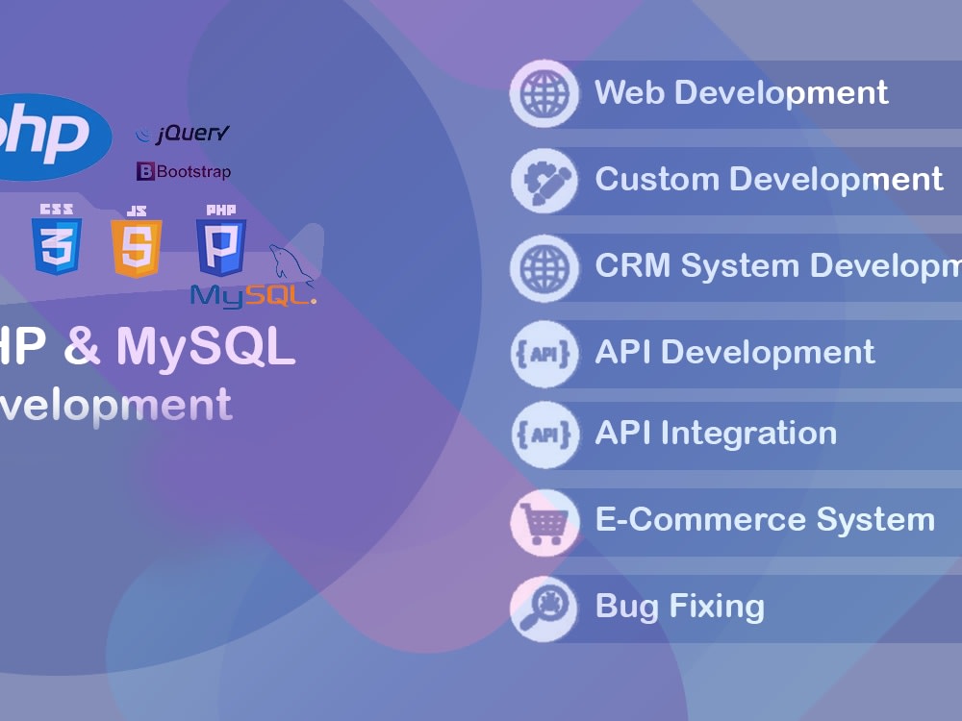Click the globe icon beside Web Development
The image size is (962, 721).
pyautogui.click(x=544, y=94)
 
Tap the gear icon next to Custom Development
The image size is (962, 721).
pyautogui.click(x=544, y=180)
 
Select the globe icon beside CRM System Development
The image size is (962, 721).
pyautogui.click(x=544, y=266)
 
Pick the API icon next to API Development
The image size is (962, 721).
pyautogui.click(x=544, y=353)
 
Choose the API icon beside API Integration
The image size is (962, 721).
pyautogui.click(x=544, y=435)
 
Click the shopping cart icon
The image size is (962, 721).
pyautogui.click(x=544, y=522)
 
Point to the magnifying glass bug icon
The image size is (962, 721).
pyautogui.click(x=544, y=608)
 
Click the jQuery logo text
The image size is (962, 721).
pyautogui.click(x=184, y=134)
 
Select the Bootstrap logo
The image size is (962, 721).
pyautogui.click(x=184, y=172)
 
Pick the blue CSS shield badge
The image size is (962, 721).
pyautogui.click(x=57, y=240)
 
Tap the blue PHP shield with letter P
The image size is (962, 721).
pyautogui.click(x=220, y=241)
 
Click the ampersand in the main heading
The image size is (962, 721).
pyautogui.click(x=83, y=346)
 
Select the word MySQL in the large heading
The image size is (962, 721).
pyautogui.click(x=206, y=347)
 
